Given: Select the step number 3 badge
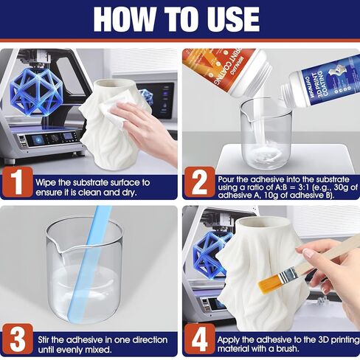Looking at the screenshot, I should (15, 340).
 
